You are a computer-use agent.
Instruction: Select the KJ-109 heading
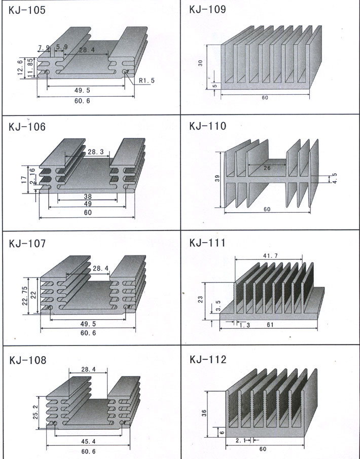click(x=207, y=10)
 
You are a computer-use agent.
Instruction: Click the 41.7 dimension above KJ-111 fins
click(x=269, y=256)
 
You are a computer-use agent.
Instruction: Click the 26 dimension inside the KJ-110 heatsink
click(x=268, y=168)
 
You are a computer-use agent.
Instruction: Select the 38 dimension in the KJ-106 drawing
click(x=88, y=196)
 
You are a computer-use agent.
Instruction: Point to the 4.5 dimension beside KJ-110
click(x=335, y=178)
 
